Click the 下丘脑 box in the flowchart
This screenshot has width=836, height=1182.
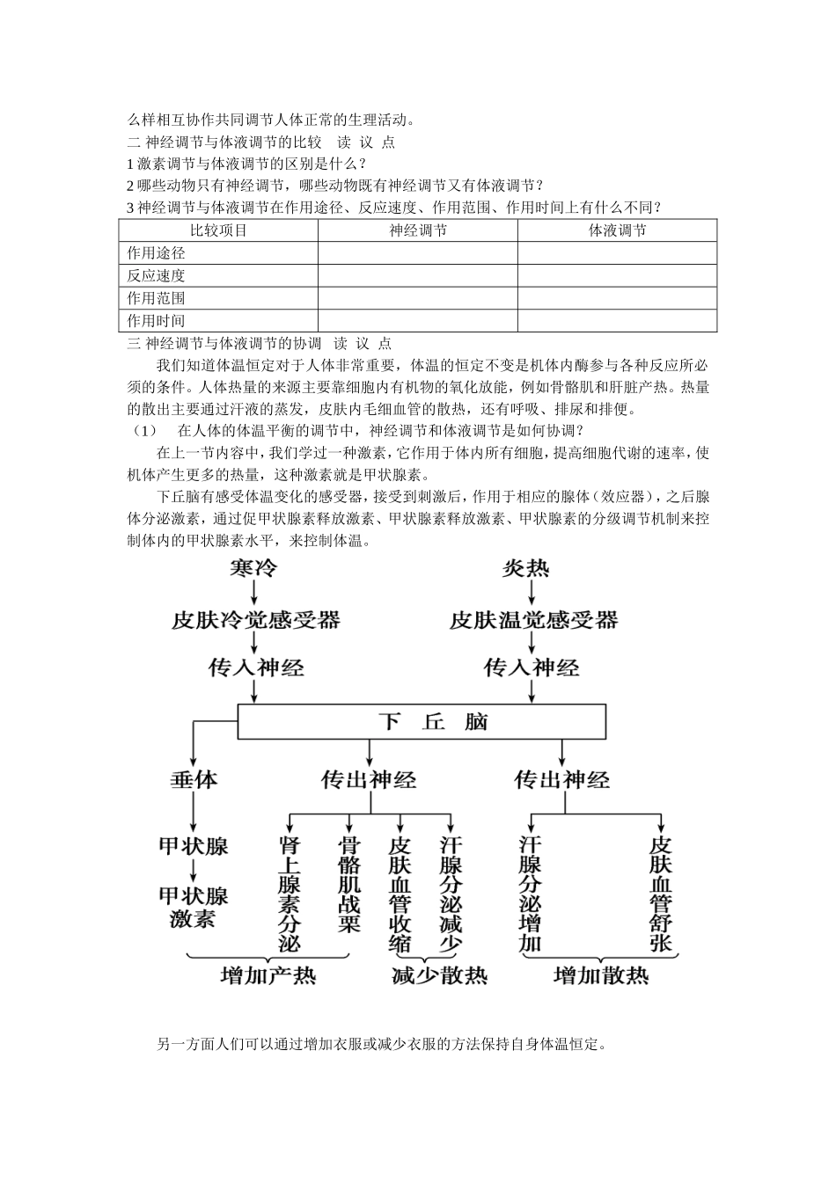(x=422, y=722)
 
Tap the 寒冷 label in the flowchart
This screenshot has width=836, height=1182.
(x=253, y=569)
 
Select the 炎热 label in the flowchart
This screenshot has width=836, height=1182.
(x=525, y=569)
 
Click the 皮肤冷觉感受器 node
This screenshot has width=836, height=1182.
(x=255, y=620)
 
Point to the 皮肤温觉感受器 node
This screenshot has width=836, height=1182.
(x=533, y=620)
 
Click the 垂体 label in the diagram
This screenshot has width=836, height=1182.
(x=194, y=780)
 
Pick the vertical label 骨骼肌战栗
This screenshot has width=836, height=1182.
(x=349, y=883)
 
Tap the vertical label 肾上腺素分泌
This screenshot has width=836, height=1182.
(x=290, y=894)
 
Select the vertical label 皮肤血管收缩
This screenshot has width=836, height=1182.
(x=400, y=894)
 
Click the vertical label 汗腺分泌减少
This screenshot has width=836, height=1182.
(x=451, y=894)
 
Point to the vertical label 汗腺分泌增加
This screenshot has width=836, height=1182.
(x=531, y=894)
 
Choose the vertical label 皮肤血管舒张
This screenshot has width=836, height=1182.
(x=661, y=894)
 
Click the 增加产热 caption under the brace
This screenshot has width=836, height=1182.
(x=268, y=976)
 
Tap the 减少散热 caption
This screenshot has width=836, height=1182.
(x=439, y=976)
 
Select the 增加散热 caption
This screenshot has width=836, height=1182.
(x=601, y=976)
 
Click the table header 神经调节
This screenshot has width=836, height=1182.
(x=418, y=230)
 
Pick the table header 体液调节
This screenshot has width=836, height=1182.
(x=617, y=230)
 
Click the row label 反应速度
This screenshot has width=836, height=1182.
(x=157, y=275)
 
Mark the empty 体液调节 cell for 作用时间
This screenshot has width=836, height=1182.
(x=617, y=321)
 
